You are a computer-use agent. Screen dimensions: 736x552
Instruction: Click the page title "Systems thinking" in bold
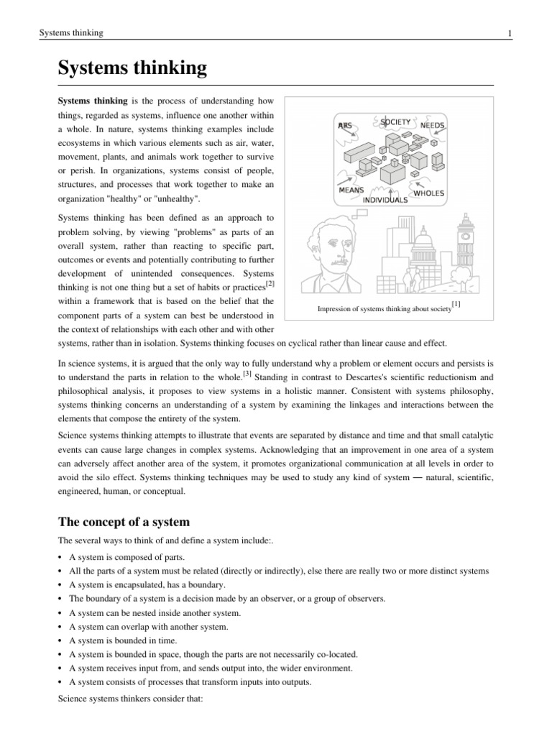(132, 69)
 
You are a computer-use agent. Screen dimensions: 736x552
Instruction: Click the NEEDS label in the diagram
(433, 125)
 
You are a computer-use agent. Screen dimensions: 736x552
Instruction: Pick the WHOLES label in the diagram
(430, 193)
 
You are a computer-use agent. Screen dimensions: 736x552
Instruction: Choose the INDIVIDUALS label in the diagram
(385, 200)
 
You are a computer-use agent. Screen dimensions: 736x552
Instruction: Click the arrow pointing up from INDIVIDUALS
(389, 191)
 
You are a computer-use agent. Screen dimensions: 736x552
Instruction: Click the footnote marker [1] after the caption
(456, 304)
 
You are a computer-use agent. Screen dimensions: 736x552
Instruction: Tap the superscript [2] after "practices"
(270, 286)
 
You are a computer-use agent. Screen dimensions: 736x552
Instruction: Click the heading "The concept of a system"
(126, 521)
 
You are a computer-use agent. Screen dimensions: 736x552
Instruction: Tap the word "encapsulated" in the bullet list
(137, 584)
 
